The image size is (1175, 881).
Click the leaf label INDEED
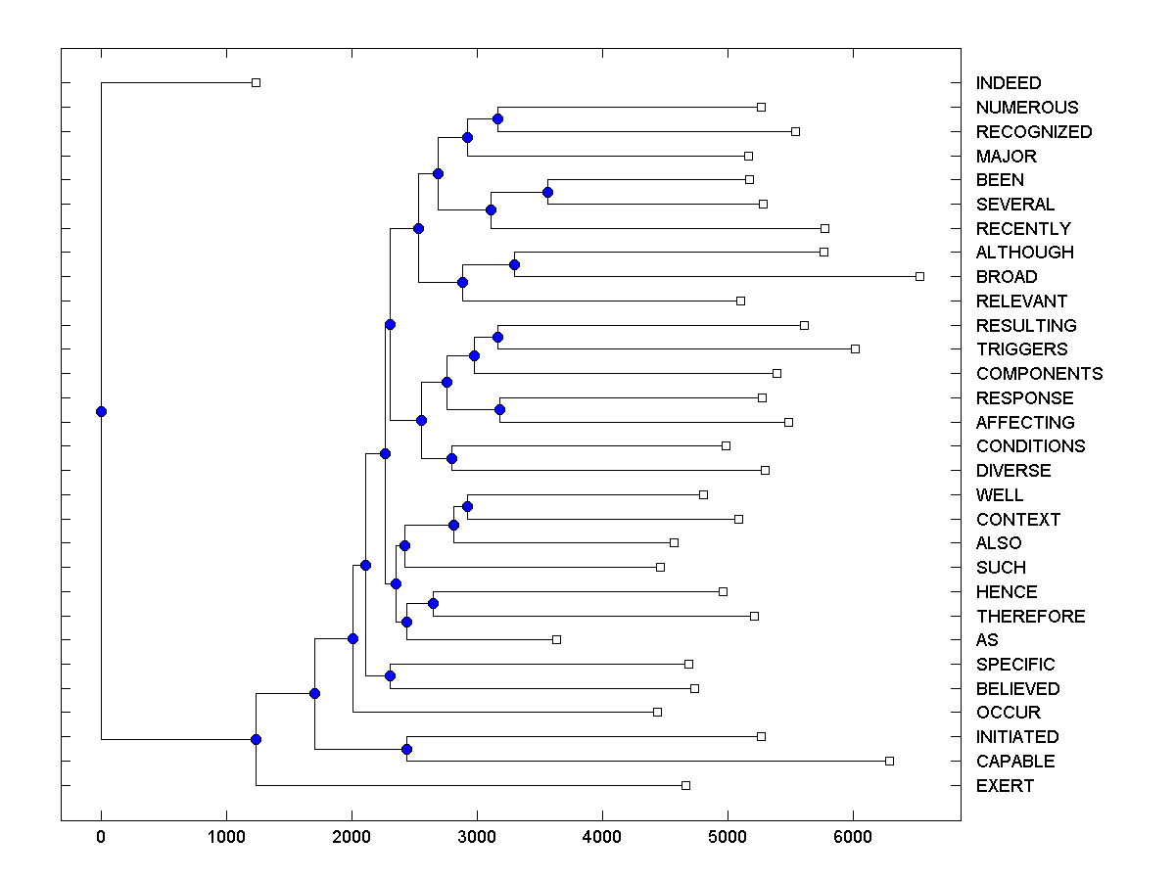(1009, 83)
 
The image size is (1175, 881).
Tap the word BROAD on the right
(1007, 277)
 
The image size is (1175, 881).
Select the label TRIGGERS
(1021, 349)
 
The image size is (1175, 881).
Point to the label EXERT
(1005, 786)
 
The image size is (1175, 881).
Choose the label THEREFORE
(1030, 617)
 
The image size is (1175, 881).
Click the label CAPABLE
(1015, 762)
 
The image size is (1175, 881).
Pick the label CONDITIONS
(1030, 446)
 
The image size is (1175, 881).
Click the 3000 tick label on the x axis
(477, 836)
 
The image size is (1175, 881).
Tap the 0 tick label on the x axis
(101, 836)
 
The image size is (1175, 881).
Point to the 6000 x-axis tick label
(853, 836)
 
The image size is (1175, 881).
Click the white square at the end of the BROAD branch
(919, 277)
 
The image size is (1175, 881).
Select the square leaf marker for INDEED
(256, 83)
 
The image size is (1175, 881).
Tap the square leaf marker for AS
(556, 640)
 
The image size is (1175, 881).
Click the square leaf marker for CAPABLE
(889, 762)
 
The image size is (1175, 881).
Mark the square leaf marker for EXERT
(685, 786)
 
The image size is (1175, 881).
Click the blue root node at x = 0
(101, 412)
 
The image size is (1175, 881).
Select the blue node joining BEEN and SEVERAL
(547, 192)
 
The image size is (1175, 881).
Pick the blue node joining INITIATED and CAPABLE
(406, 750)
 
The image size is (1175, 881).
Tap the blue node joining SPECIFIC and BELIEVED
(390, 676)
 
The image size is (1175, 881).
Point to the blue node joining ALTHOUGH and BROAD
(514, 264)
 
